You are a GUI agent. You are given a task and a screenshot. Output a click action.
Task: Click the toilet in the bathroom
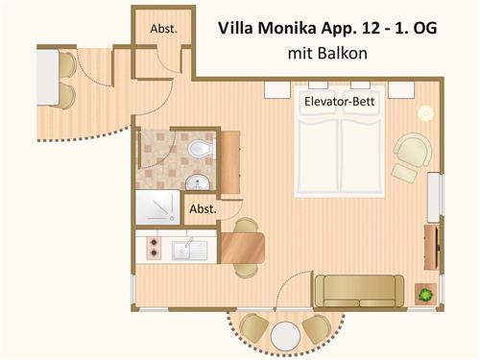(202, 149)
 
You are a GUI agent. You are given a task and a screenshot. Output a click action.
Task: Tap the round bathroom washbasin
(198, 182)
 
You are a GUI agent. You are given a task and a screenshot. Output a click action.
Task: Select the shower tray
(157, 207)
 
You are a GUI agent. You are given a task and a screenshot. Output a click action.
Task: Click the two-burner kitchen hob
(154, 248)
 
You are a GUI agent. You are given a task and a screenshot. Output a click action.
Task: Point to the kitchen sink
(189, 250)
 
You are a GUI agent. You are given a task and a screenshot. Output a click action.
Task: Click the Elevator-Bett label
(339, 102)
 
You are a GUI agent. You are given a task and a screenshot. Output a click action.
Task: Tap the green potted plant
(425, 294)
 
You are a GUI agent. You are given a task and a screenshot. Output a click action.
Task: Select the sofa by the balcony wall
(359, 291)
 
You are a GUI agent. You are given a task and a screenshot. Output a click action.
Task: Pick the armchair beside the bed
(413, 150)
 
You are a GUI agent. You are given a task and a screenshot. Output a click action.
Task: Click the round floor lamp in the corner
(425, 113)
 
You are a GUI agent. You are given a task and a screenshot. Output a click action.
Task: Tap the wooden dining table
(242, 248)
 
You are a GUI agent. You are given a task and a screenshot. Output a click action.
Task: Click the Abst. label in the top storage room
(163, 29)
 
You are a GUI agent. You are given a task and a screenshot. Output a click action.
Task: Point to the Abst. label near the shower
(203, 209)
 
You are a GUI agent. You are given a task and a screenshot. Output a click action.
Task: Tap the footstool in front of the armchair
(405, 174)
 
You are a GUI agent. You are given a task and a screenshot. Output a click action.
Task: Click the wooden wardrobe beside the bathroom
(230, 162)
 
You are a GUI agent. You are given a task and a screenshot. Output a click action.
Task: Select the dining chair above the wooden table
(246, 226)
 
